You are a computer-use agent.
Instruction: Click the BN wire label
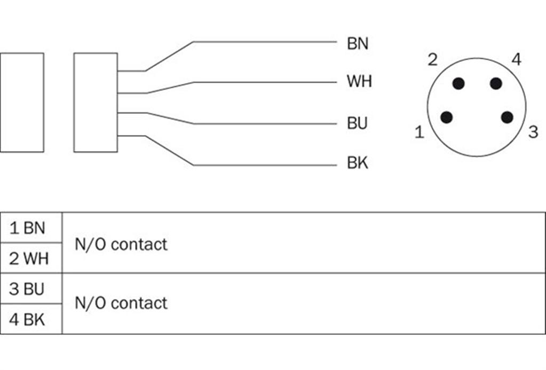[x=357, y=44]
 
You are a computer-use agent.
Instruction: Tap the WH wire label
[x=359, y=81]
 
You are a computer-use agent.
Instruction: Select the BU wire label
[x=357, y=123]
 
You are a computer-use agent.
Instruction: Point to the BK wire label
[x=357, y=163]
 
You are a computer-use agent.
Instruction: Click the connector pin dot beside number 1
[x=446, y=117]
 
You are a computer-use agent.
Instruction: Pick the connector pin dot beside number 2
[x=458, y=84]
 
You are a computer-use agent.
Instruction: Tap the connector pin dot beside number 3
[x=507, y=117]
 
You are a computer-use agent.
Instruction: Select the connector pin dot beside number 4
[x=495, y=84]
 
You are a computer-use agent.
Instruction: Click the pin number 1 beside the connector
[x=420, y=132]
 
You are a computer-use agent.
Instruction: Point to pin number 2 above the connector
[x=432, y=60]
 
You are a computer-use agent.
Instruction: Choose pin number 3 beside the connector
[x=533, y=132]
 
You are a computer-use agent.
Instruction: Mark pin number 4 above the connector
[x=517, y=59]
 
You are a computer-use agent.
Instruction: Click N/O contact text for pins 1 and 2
[x=121, y=244]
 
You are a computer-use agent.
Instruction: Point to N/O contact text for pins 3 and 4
[x=121, y=303]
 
